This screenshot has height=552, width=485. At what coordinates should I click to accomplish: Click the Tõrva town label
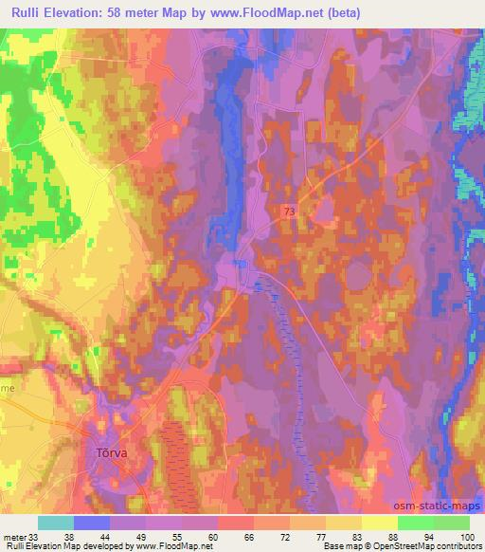[113, 452]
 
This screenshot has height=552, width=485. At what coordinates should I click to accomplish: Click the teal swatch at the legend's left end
[55, 523]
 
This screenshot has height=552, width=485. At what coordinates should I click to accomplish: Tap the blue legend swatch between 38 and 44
[91, 523]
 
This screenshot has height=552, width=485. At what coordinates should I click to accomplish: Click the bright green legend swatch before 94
[415, 523]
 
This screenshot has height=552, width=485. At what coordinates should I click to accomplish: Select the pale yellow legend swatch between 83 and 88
[379, 523]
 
